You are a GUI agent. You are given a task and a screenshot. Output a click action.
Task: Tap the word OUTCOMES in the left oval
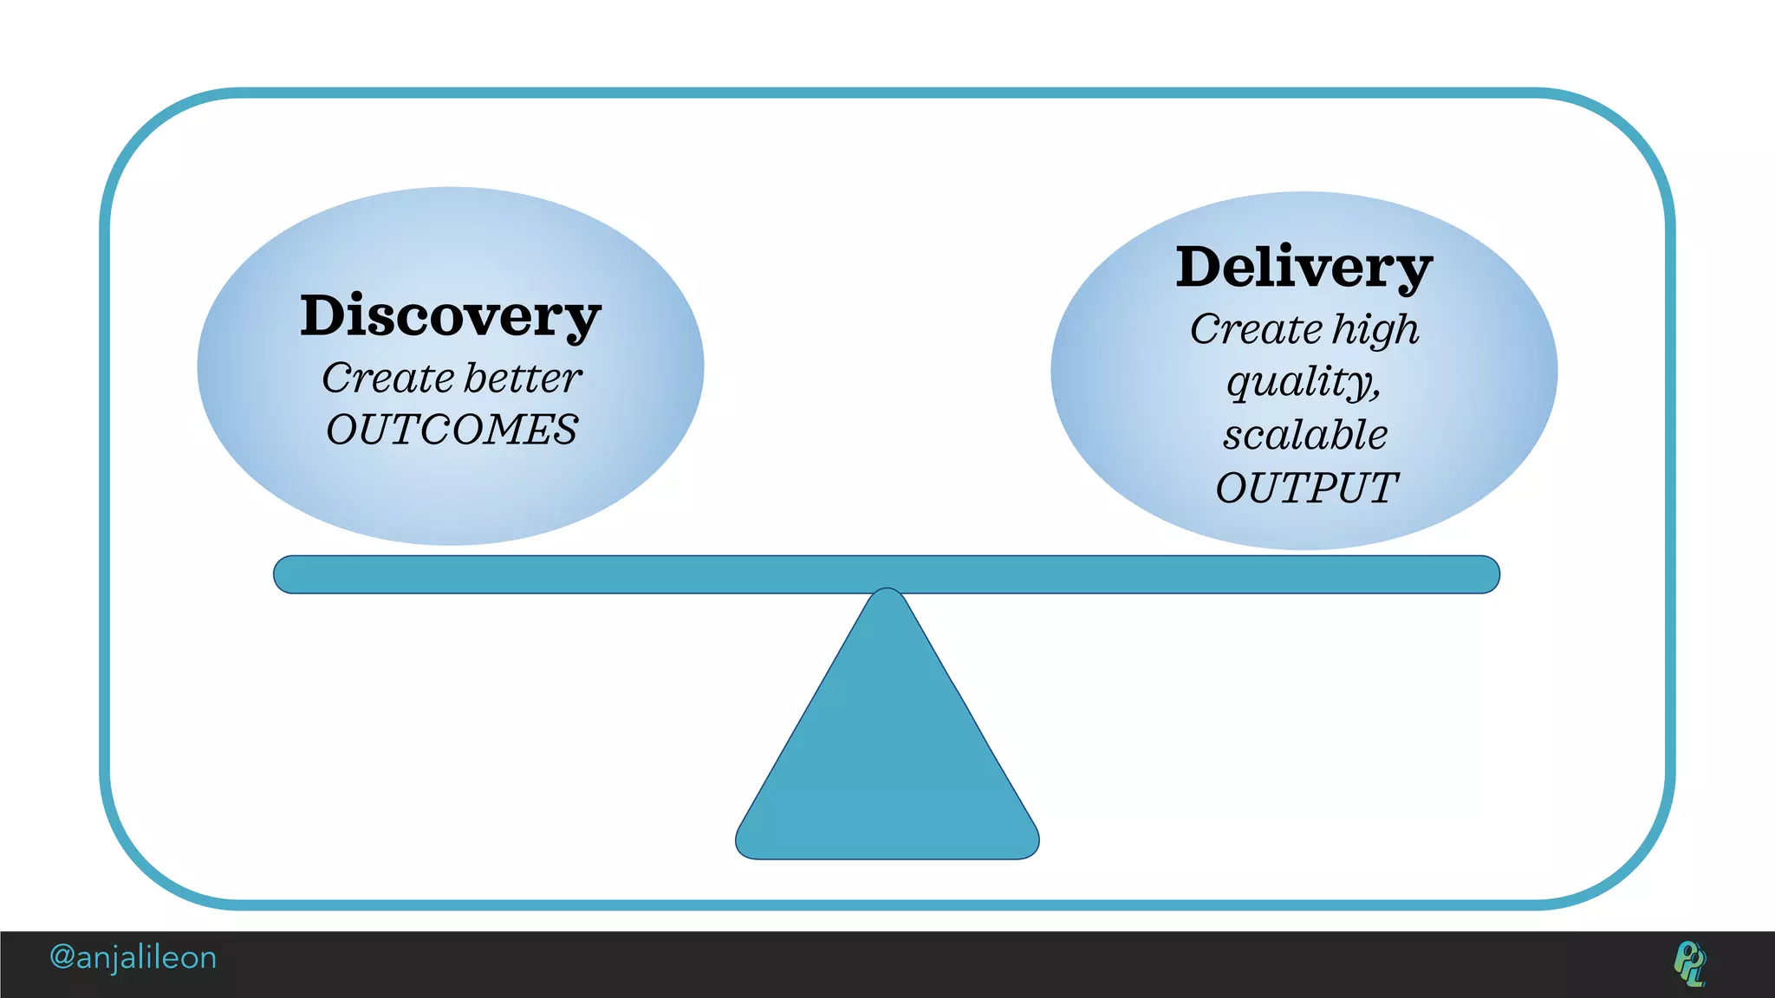click(x=452, y=430)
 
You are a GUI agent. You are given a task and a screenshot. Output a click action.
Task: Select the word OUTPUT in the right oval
click(x=1306, y=488)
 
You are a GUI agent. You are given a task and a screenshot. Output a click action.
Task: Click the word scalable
click(x=1305, y=435)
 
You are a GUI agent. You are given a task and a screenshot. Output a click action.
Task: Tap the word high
click(x=1375, y=330)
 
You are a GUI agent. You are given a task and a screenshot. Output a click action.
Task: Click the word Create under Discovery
click(x=387, y=378)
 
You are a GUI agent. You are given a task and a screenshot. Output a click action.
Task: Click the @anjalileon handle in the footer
click(x=133, y=957)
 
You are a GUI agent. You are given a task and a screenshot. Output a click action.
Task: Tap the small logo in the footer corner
click(x=1689, y=963)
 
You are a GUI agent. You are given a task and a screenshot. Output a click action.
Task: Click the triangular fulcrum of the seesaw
click(x=887, y=754)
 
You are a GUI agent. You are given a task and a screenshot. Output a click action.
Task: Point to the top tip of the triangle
click(x=887, y=594)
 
